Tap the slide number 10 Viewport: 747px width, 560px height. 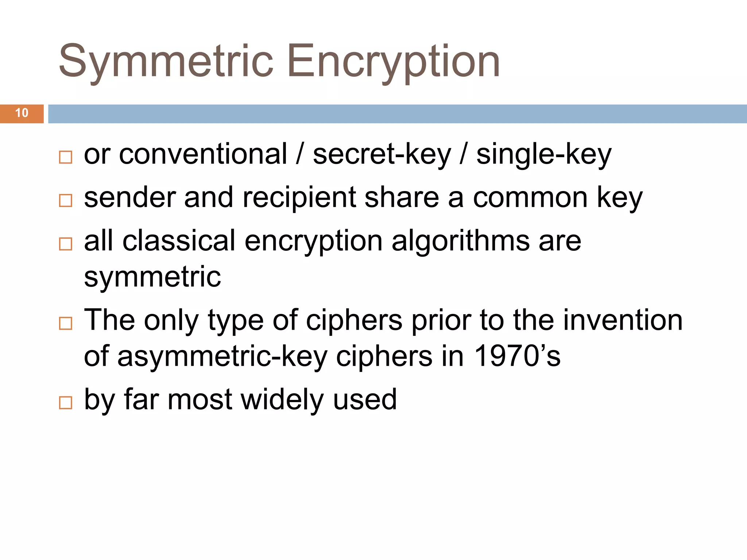tap(22, 113)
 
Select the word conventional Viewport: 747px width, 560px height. tap(203, 154)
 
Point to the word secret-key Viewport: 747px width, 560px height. tap(382, 155)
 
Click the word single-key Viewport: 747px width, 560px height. tap(544, 155)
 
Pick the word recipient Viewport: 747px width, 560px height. tap(299, 198)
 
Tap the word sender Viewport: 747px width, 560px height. tap(129, 197)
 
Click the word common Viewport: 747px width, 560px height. tap(530, 198)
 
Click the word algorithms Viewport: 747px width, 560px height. tap(460, 241)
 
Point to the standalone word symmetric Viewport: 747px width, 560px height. tap(152, 277)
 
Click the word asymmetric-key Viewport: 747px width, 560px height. tap(222, 357)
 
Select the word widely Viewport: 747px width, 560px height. tap(282, 400)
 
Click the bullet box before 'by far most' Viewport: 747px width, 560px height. tap(66, 402)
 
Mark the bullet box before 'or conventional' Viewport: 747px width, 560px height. tap(66, 157)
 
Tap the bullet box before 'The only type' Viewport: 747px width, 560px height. tap(66, 323)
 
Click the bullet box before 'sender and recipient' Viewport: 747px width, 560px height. tap(66, 201)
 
